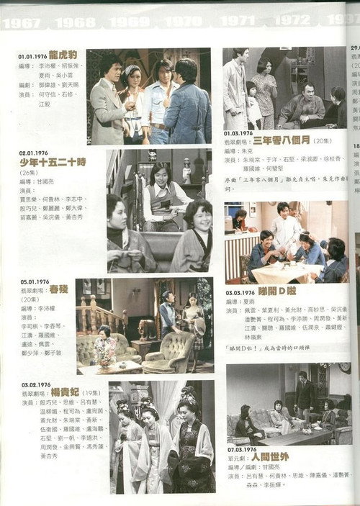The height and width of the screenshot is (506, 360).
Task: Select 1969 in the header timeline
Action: click(130, 22)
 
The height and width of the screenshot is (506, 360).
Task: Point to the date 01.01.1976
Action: click(32, 54)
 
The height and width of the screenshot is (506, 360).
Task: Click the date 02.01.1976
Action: click(32, 153)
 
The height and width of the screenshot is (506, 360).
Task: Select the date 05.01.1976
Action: click(32, 282)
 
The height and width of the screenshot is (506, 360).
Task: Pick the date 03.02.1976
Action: click(33, 384)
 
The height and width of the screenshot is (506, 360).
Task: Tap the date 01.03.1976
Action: click(238, 133)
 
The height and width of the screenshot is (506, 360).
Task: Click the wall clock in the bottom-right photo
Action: click(345, 369)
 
